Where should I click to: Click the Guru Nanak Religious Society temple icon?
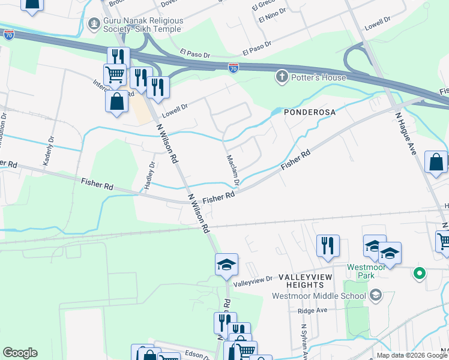[x=93, y=25]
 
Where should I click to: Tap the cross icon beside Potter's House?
[x=281, y=77]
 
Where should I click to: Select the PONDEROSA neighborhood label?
[x=309, y=112]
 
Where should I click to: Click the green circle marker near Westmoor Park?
[x=420, y=274]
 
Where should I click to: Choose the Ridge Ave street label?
[x=314, y=311]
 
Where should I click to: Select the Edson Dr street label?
[x=197, y=355]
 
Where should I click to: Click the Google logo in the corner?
[x=20, y=353]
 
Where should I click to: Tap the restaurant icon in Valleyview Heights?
[x=328, y=246]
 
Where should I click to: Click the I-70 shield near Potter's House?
[x=233, y=69]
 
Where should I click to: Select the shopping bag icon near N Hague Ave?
[x=436, y=162]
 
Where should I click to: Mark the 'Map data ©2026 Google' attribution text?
[x=412, y=355]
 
